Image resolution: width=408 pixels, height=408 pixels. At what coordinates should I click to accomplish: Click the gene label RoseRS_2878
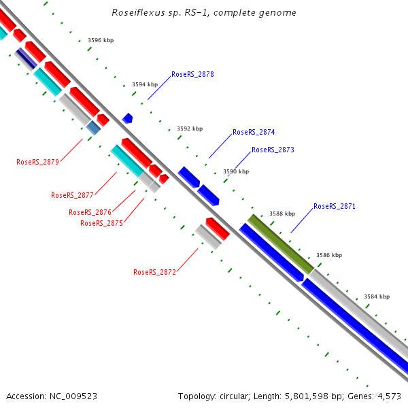point(192,74)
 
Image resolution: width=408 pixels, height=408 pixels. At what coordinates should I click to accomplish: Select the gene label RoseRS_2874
point(254,133)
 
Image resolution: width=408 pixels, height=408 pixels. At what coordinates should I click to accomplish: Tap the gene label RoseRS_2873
point(273,150)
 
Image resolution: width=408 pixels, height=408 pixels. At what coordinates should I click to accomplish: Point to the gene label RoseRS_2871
point(335,206)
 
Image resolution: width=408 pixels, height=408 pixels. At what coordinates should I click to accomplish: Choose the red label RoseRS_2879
point(37,162)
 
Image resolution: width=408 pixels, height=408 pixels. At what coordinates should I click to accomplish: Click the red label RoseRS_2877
point(72,195)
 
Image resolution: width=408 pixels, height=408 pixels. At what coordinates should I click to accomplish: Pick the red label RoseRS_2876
point(90,212)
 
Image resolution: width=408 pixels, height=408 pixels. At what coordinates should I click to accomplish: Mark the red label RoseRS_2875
point(101,223)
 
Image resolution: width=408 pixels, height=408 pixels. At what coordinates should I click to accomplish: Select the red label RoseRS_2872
point(154,272)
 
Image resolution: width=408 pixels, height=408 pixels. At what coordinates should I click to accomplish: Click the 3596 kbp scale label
point(101,41)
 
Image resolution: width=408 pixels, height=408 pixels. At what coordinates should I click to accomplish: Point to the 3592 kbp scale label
point(190,129)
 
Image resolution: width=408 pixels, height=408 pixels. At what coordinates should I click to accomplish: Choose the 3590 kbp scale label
point(236,172)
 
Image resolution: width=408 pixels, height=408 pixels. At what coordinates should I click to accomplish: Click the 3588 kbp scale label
point(282,214)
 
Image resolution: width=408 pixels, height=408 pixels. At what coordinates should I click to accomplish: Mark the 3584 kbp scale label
point(377,297)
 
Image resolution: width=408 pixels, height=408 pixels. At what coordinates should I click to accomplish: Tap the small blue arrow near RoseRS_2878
point(127,118)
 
